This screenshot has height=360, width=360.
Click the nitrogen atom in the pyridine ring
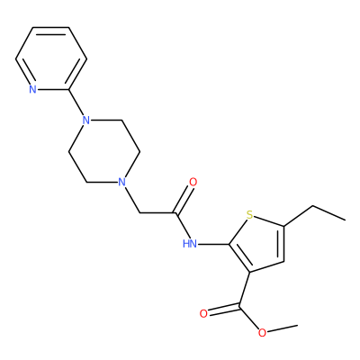coord(33,89)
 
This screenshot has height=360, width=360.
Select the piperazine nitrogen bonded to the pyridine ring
coord(86,121)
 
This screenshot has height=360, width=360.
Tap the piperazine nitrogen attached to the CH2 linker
coord(121,182)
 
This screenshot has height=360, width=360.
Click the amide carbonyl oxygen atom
coord(193,182)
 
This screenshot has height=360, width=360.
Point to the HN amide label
coord(190,244)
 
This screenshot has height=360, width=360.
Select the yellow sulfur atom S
coord(249,215)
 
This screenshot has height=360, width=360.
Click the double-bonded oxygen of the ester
coord(203,314)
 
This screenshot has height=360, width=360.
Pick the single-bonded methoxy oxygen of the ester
coord(262,333)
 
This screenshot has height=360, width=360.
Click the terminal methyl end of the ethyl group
coord(345,220)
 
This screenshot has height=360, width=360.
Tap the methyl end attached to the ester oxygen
coord(298,325)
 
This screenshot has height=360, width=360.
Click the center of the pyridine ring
coord(51,58)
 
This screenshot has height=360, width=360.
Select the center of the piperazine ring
coord(104,151)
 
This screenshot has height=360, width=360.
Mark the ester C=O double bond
coord(224,310)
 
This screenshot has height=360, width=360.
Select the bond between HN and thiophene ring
coord(213,244)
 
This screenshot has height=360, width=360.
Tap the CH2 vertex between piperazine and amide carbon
coord(139,213)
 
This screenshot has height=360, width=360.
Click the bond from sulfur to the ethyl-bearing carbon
coord(269,221)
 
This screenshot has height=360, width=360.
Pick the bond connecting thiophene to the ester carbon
coord(245,289)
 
